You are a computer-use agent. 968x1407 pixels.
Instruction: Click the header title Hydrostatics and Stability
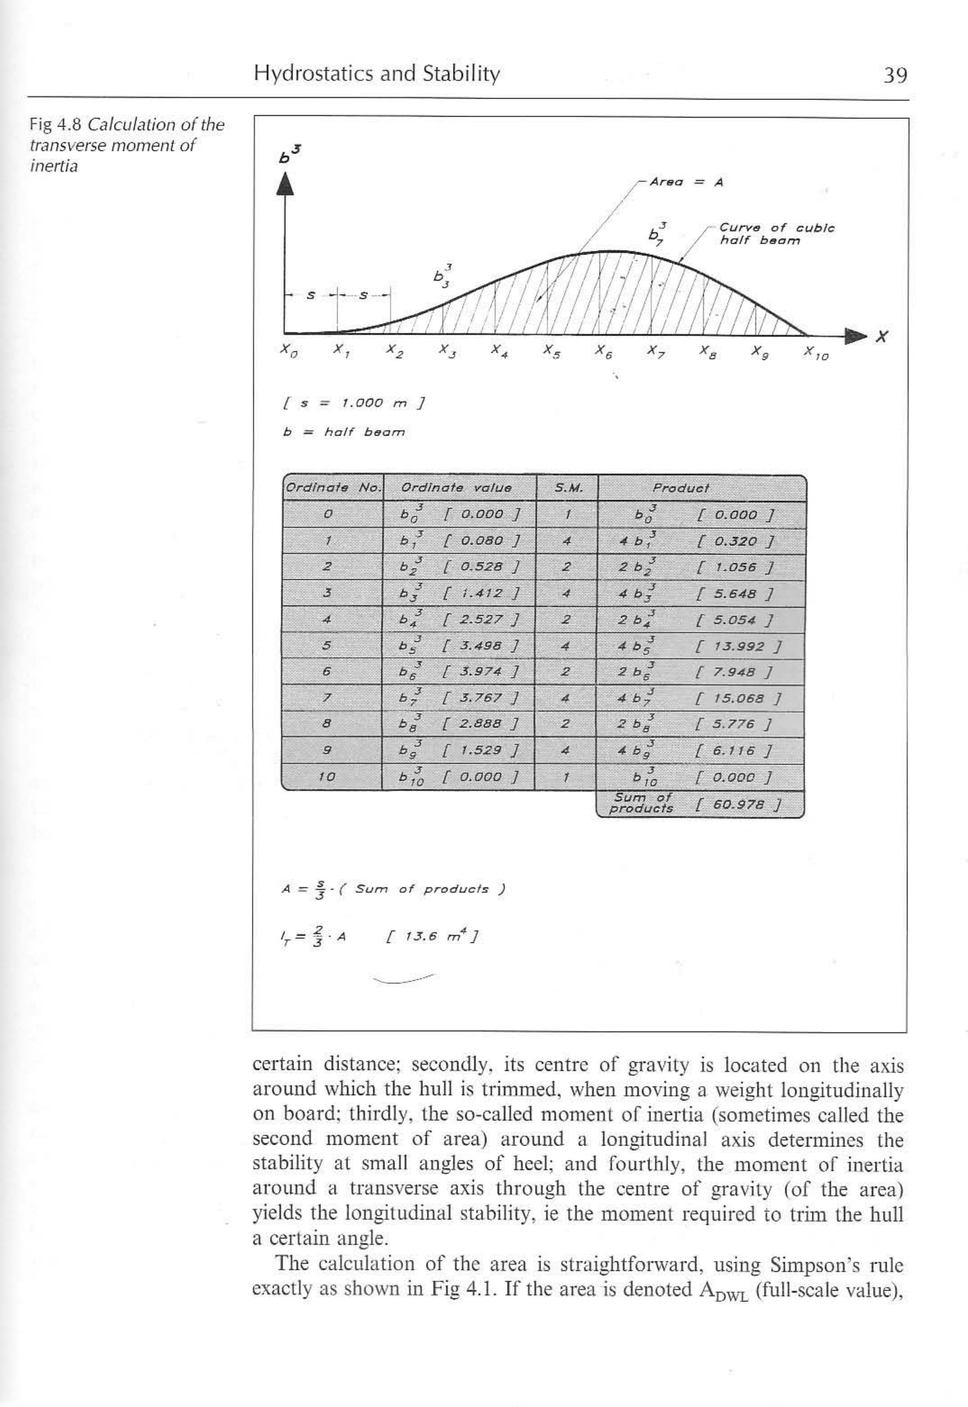pyautogui.click(x=377, y=74)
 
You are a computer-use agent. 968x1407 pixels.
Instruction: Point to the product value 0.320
pyautogui.click(x=734, y=541)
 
